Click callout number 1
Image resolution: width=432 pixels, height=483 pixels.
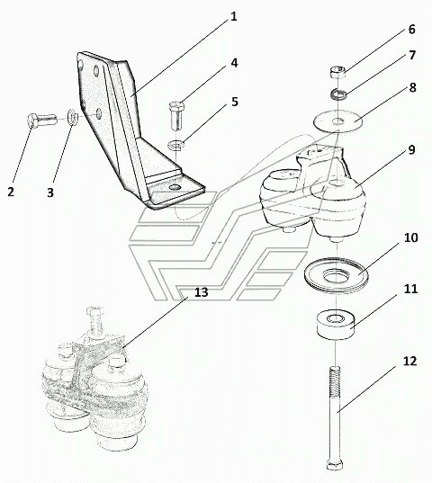tap(234, 16)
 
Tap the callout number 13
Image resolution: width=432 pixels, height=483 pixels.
tap(202, 292)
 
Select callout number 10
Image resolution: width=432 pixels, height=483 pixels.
tap(410, 237)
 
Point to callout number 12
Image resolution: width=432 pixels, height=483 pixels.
tap(409, 361)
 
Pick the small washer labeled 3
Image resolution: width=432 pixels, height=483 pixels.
tap(72, 117)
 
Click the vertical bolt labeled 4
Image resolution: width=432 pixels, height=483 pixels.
tap(177, 115)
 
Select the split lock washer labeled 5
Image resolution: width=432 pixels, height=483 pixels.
tap(175, 144)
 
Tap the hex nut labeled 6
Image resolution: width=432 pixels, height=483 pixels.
tap(337, 72)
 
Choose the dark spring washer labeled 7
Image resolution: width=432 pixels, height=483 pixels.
tap(338, 94)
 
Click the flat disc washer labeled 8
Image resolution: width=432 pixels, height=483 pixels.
tap(338, 121)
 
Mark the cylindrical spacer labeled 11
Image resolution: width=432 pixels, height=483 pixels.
tap(336, 326)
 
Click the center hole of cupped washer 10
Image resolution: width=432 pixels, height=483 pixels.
tap(337, 274)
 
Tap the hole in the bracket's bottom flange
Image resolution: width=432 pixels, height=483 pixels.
tap(175, 187)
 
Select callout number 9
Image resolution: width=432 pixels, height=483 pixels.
tap(412, 149)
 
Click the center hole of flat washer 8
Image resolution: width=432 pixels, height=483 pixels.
tap(338, 121)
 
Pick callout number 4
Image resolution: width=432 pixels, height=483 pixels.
tap(234, 63)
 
